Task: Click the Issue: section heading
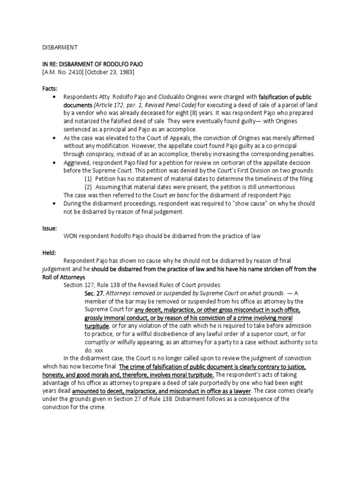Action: [x=46, y=228]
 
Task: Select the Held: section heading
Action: [x=46, y=252]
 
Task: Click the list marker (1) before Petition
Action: [x=88, y=179]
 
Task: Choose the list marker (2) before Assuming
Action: [x=88, y=187]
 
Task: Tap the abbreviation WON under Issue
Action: [x=72, y=237]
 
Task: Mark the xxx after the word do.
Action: [x=99, y=350]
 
